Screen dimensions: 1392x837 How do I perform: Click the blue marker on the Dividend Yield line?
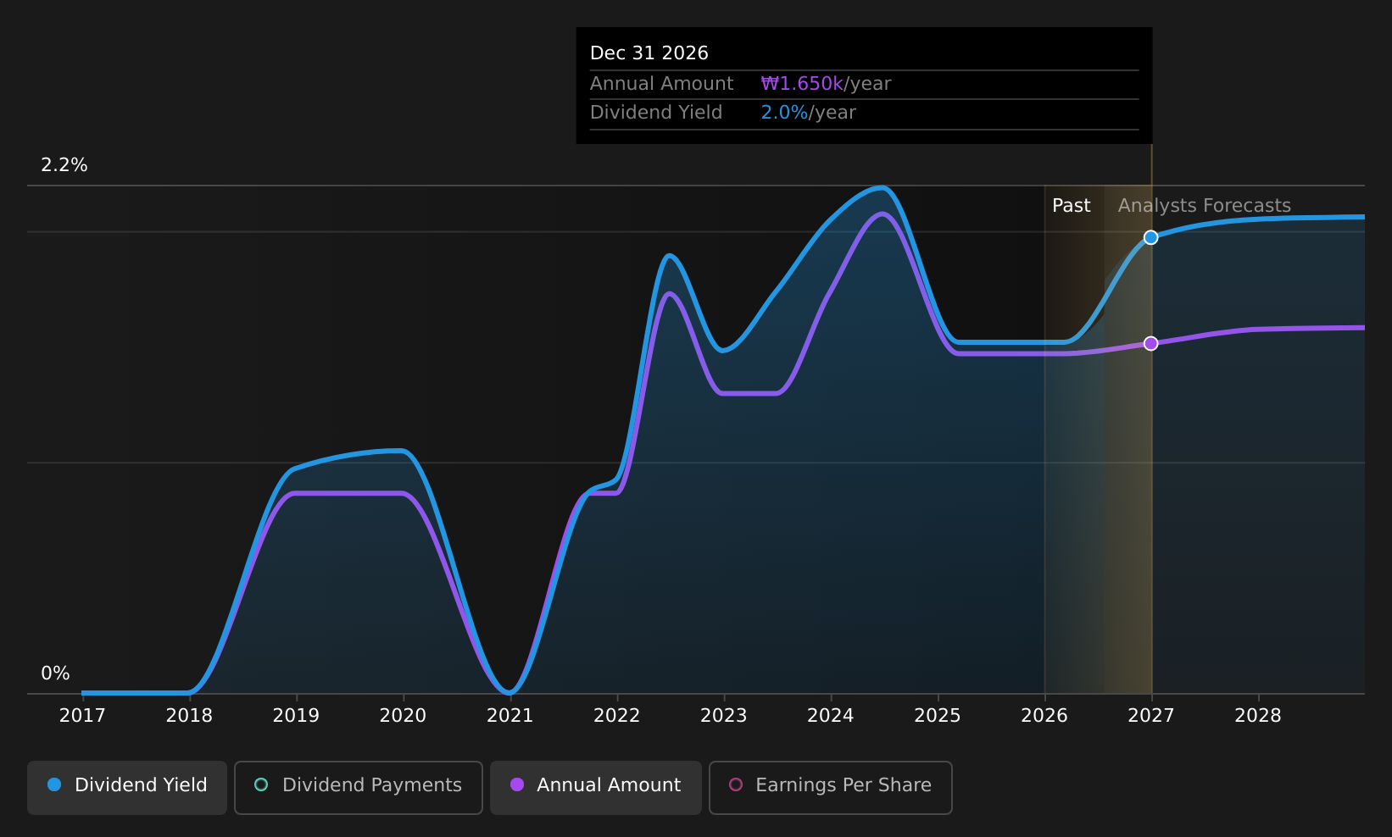[1151, 237]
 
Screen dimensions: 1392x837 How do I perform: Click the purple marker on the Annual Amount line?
[1151, 343]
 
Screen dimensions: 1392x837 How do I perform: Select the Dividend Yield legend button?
[127, 787]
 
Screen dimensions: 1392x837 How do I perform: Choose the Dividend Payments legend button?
[359, 787]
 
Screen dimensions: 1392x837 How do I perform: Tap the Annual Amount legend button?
[596, 787]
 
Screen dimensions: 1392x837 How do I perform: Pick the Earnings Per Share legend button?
[831, 787]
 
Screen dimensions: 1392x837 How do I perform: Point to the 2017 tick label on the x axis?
[82, 716]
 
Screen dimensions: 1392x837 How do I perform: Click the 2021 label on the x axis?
[509, 716]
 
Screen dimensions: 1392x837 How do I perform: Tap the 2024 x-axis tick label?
[830, 716]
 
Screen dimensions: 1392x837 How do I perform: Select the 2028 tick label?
[1258, 716]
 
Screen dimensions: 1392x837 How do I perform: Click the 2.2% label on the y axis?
[64, 165]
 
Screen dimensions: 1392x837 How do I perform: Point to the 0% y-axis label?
[55, 673]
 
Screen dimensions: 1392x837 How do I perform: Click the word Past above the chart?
[1071, 206]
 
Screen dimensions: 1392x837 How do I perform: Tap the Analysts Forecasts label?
[1205, 206]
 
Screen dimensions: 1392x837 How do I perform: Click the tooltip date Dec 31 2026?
[649, 53]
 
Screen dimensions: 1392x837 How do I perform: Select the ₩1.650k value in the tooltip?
[802, 83]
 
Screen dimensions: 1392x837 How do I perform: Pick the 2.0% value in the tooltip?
[784, 113]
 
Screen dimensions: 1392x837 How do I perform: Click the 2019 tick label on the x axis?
[296, 716]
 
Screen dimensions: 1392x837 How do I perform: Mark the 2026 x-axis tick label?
[1044, 716]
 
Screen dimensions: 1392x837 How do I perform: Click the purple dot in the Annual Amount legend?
[516, 784]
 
